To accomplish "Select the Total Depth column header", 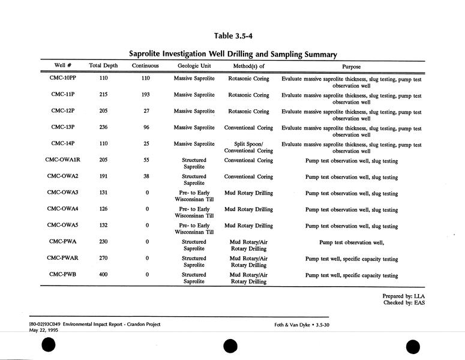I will point(103,65).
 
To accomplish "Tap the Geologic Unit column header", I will point(194,65).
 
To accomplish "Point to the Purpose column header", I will point(351,66).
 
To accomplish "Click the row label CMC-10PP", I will point(62,79).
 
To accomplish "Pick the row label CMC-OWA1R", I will point(62,161).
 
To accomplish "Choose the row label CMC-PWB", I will point(62,275).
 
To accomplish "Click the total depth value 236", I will point(103,128).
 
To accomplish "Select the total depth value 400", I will point(103,275).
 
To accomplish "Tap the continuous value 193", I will point(145,95).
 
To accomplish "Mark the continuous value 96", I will point(145,128).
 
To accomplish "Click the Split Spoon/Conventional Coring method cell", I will point(248,148).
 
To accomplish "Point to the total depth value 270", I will point(103,259).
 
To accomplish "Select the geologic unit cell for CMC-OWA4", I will point(194,212).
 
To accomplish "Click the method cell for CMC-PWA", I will point(248,245).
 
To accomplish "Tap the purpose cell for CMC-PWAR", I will point(351,259).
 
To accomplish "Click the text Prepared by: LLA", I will point(404,296).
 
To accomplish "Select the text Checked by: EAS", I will point(404,303).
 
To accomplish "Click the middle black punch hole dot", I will point(230,346).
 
